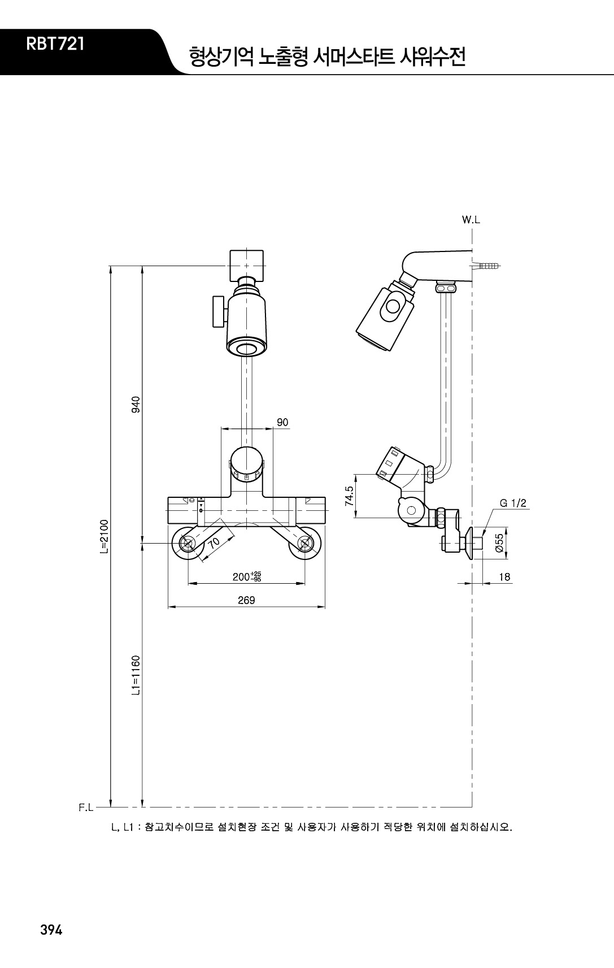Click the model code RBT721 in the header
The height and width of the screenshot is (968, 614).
(x=55, y=45)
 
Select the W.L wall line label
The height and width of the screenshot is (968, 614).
(x=471, y=219)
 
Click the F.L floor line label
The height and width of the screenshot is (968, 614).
(x=86, y=808)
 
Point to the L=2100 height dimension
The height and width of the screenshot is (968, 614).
(x=104, y=536)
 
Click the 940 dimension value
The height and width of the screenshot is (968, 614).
(x=136, y=405)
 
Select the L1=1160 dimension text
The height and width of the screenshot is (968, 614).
(x=136, y=675)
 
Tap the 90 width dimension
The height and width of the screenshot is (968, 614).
(x=282, y=422)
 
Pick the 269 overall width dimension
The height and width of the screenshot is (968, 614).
(x=246, y=600)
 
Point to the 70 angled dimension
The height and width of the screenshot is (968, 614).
(x=214, y=542)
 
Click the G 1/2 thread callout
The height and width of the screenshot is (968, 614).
(x=513, y=503)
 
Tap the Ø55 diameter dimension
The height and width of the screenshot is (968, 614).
(x=499, y=542)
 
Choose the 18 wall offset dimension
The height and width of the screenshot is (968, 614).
(x=504, y=577)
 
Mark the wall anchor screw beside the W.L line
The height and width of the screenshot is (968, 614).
(x=487, y=266)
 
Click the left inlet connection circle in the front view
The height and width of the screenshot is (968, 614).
(x=189, y=543)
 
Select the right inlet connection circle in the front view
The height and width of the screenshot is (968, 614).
(x=305, y=543)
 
